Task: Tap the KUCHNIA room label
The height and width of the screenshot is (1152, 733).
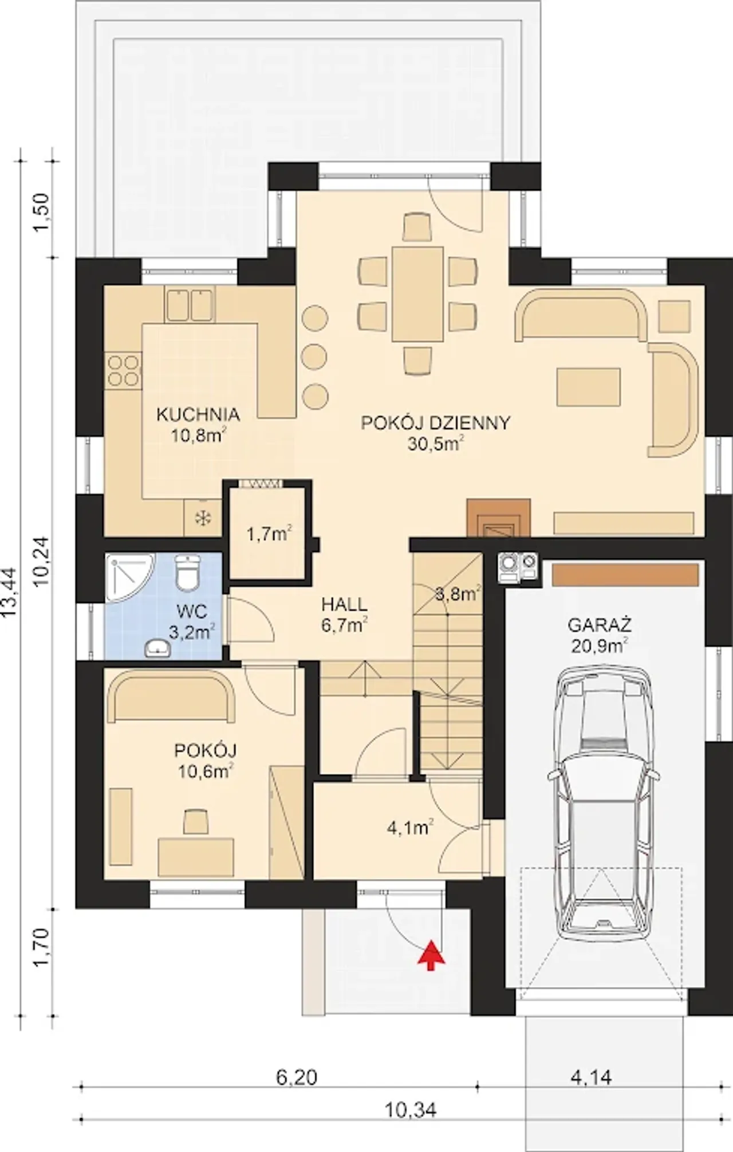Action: (x=198, y=414)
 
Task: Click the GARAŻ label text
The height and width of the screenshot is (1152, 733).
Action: (x=600, y=624)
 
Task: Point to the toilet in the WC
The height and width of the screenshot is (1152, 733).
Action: (x=187, y=572)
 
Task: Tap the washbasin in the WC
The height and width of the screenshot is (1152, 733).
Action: (x=157, y=648)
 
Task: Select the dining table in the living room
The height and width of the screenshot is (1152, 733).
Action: (x=418, y=294)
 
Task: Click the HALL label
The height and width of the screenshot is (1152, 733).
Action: (x=344, y=604)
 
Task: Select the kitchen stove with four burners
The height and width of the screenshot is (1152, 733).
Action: (x=123, y=370)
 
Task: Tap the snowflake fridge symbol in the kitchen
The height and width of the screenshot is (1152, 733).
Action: (x=203, y=518)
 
